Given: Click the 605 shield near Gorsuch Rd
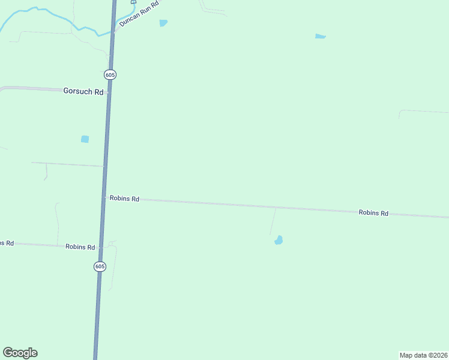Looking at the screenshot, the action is [109, 74].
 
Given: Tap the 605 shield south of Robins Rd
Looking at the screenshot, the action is [100, 266].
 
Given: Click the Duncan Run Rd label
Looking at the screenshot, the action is [139, 13].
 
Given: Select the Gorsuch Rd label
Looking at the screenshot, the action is [83, 92].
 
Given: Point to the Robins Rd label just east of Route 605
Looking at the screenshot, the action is [125, 199].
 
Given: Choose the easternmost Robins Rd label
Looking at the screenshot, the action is [373, 213].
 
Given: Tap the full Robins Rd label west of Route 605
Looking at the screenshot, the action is [80, 247].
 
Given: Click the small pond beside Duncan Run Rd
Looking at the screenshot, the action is [163, 23].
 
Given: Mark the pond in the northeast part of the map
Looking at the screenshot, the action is [320, 37].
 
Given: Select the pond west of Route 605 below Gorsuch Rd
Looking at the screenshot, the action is [85, 139].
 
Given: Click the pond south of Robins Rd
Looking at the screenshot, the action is [279, 241].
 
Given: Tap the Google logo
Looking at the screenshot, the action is [20, 353].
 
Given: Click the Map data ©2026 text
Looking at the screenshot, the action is [423, 355].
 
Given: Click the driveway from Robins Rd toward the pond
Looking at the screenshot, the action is [273, 221].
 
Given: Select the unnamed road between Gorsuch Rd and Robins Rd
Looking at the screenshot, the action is [66, 164].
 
